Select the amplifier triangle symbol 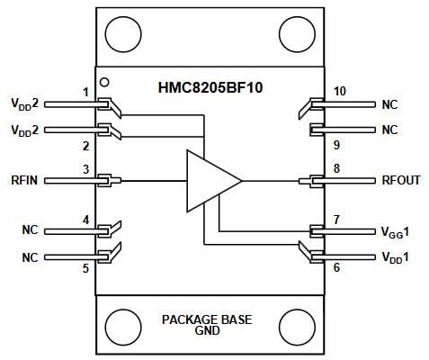(211, 180)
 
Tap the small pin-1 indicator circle (104, 82)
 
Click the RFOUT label (400, 180)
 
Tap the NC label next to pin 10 (389, 104)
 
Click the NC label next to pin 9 (389, 130)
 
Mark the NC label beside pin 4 (30, 230)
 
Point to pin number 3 (85, 168)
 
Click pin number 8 (336, 167)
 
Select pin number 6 (336, 268)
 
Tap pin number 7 (336, 219)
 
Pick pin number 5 (85, 268)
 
